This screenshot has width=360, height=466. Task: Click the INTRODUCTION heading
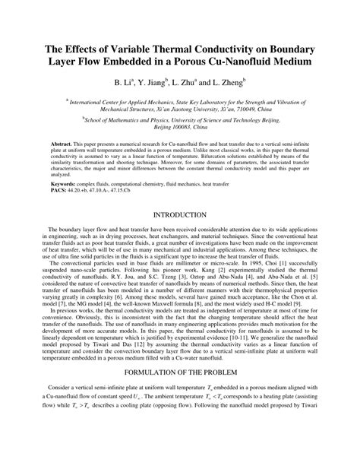[x=180, y=215]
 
